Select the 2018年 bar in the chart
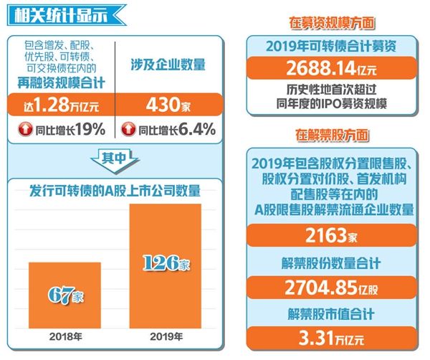(x=64, y=294)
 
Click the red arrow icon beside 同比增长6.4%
(x=130, y=129)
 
